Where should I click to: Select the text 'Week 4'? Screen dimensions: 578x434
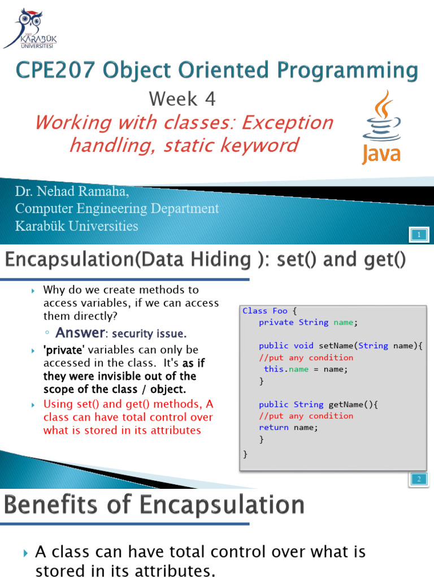[x=183, y=99]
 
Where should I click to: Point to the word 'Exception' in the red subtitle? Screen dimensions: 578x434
[x=287, y=122]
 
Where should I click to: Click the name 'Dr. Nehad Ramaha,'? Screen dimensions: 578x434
[x=72, y=192]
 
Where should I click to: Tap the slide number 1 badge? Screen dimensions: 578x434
[x=419, y=234]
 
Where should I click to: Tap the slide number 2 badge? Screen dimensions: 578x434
[x=419, y=479]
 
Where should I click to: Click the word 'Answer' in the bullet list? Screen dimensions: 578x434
[x=80, y=332]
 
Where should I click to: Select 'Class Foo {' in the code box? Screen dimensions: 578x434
[x=269, y=310]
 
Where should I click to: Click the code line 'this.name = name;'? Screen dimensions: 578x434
[x=306, y=369]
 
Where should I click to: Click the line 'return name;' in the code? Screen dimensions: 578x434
[x=288, y=427]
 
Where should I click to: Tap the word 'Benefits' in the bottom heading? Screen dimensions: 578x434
[x=49, y=505]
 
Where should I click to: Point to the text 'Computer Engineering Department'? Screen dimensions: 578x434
[x=117, y=208]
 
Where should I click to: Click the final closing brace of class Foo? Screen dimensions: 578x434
[x=245, y=453]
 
